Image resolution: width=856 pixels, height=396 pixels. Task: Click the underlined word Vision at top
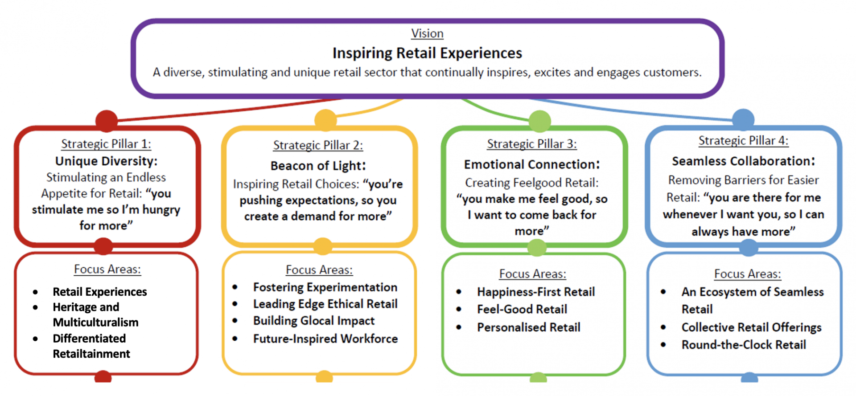pyautogui.click(x=427, y=34)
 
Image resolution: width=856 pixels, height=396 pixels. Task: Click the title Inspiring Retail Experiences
pyautogui.click(x=427, y=53)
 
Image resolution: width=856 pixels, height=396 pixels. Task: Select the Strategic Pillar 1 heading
pyautogui.click(x=106, y=144)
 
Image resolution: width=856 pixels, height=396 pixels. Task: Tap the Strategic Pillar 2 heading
pyautogui.click(x=318, y=145)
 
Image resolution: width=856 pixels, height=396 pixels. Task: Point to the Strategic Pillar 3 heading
pyautogui.click(x=531, y=144)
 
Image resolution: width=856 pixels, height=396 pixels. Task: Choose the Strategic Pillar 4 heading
pyautogui.click(x=743, y=141)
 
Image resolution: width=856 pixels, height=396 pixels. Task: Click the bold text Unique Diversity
pyautogui.click(x=106, y=161)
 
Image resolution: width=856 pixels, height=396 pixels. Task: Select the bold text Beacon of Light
pyautogui.click(x=318, y=166)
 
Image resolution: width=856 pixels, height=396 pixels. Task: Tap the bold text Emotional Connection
pyautogui.click(x=531, y=164)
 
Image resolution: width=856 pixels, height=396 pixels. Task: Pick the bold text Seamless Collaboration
pyautogui.click(x=743, y=161)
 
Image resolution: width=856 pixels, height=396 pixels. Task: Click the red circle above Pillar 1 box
pyautogui.click(x=107, y=121)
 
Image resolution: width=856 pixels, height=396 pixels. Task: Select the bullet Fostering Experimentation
pyautogui.click(x=325, y=287)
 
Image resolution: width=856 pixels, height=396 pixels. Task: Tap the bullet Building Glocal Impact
pyautogui.click(x=314, y=321)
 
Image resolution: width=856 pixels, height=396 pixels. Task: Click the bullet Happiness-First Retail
pyautogui.click(x=535, y=292)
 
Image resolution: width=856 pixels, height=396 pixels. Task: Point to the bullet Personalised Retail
pyautogui.click(x=528, y=327)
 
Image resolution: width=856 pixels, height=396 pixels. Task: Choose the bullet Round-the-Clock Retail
pyautogui.click(x=743, y=345)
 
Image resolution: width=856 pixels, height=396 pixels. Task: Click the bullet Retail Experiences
pyautogui.click(x=99, y=292)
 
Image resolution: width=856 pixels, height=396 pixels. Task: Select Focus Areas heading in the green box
pyautogui.click(x=532, y=274)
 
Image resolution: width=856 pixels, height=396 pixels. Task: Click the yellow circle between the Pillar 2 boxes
pyautogui.click(x=323, y=246)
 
